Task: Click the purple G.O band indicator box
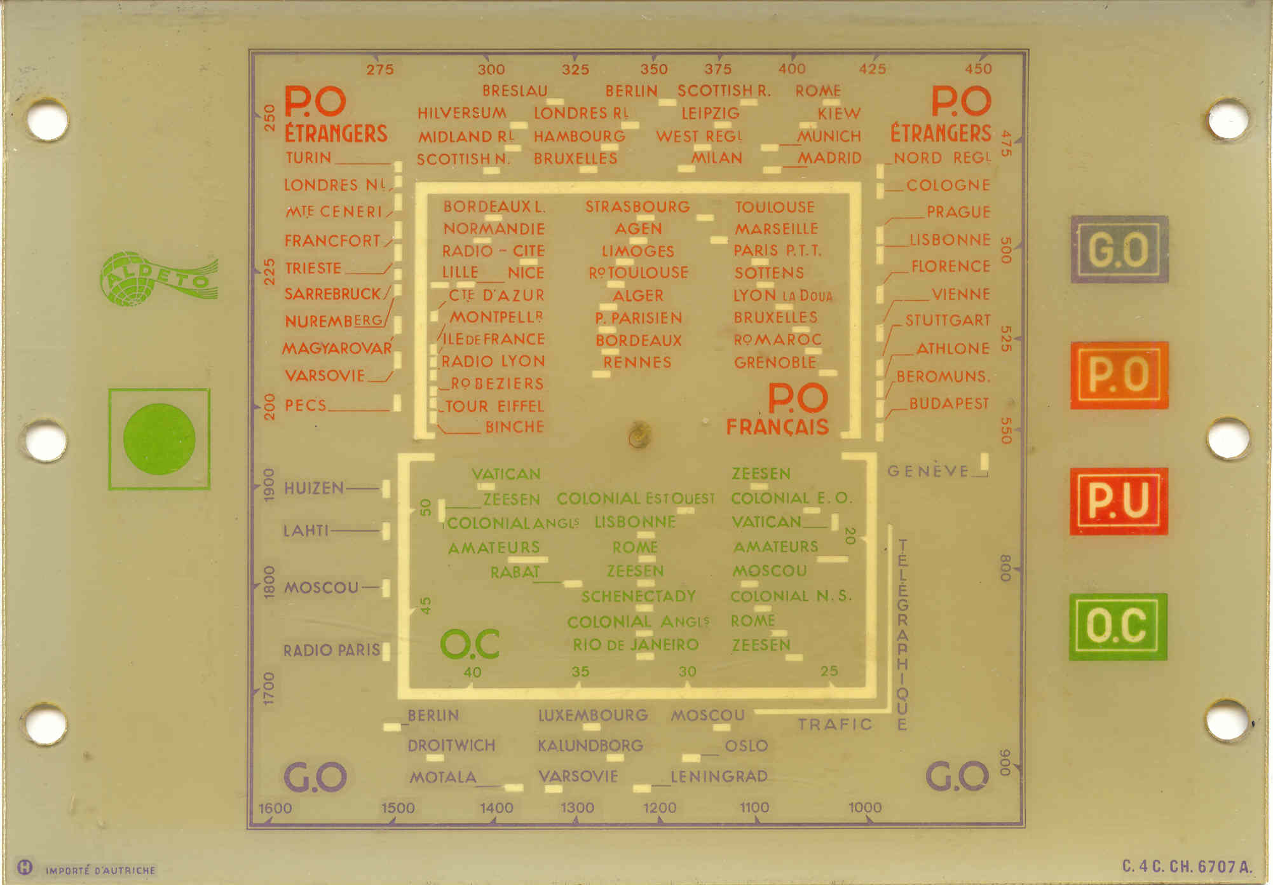click(1119, 249)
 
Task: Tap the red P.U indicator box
click(1119, 501)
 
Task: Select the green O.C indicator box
click(1118, 627)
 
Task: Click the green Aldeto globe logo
click(159, 278)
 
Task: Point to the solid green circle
click(159, 439)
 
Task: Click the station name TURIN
click(308, 158)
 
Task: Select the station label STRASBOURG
click(637, 207)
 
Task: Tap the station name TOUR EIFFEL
click(494, 406)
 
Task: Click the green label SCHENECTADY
click(638, 596)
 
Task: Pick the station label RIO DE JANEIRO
click(636, 645)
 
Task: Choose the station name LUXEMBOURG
click(593, 715)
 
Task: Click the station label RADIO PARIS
click(331, 650)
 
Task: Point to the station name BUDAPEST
click(949, 404)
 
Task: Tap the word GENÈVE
click(928, 471)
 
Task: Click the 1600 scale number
click(275, 808)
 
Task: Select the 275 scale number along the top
click(379, 69)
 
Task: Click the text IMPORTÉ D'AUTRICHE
click(100, 870)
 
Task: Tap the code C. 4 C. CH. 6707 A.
click(1187, 867)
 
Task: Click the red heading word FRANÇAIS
click(777, 427)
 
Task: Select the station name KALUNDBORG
click(590, 745)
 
